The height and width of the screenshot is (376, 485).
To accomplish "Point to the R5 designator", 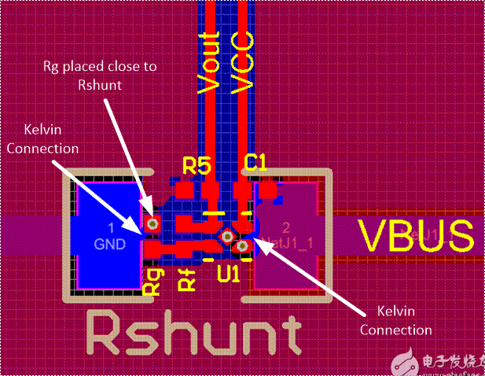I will [197, 164].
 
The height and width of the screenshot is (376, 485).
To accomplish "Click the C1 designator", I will [255, 163].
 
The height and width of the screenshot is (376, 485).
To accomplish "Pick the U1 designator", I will [229, 276].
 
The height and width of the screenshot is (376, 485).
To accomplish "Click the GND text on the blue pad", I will [110, 244].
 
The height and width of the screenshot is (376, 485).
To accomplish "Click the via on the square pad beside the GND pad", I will [152, 224].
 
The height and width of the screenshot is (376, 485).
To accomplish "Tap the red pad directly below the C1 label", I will [241, 191].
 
